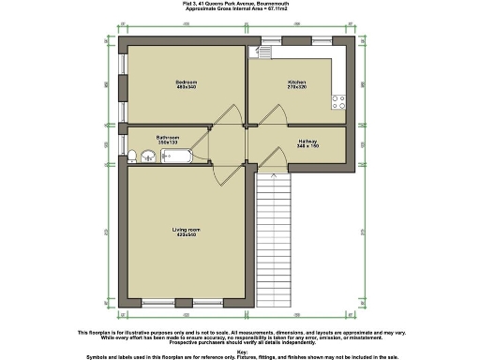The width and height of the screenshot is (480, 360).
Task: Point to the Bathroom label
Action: (169, 136)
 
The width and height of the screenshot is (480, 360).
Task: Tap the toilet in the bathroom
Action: (136, 156)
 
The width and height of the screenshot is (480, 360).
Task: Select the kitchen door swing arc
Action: (264, 114)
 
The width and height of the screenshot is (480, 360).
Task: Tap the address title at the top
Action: (240, 4)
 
